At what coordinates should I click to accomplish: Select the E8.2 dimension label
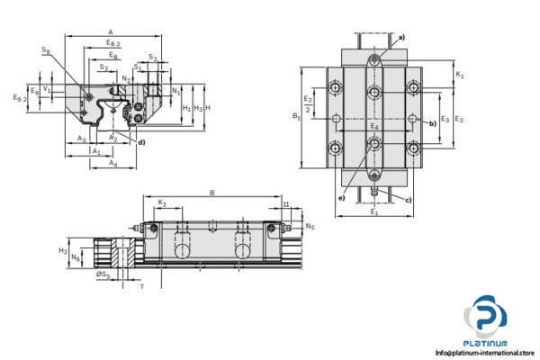[112, 42]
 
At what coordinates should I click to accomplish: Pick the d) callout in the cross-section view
[141, 142]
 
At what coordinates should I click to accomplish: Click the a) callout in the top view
[401, 37]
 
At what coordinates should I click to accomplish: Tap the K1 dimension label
[459, 76]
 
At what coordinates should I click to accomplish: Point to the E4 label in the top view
[374, 127]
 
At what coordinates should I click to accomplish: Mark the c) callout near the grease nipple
[409, 199]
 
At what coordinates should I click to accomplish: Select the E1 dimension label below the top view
[374, 212]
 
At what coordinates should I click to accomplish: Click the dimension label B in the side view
[211, 193]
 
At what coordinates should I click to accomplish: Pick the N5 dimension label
[310, 227]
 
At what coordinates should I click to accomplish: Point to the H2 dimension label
[62, 251]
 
